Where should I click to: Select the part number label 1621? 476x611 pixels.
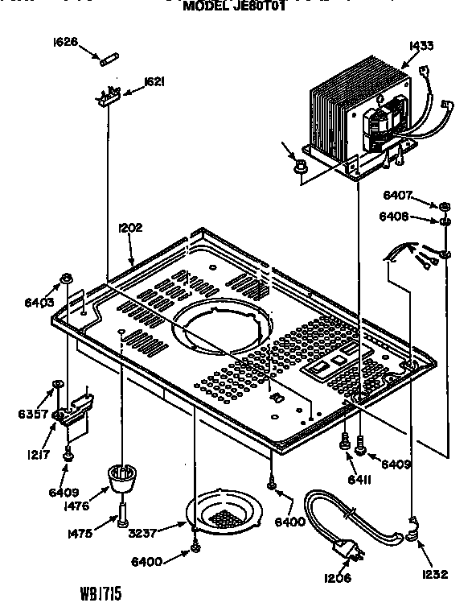click(x=155, y=81)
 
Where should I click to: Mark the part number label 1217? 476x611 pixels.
click(x=33, y=454)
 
